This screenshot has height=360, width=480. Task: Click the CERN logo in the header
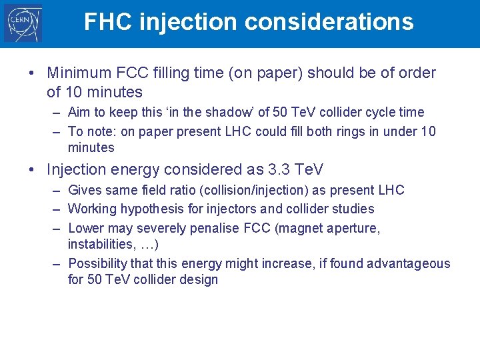pos(23,23)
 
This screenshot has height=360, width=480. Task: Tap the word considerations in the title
pos(329,22)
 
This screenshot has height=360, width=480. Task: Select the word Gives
pos(85,190)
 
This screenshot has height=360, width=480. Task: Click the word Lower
pos(86,228)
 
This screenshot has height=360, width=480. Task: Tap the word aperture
pos(354,228)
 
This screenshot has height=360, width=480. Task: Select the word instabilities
pos(99,245)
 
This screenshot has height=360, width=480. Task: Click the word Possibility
pos(99,263)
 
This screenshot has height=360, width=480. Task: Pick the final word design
pos(199,279)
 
